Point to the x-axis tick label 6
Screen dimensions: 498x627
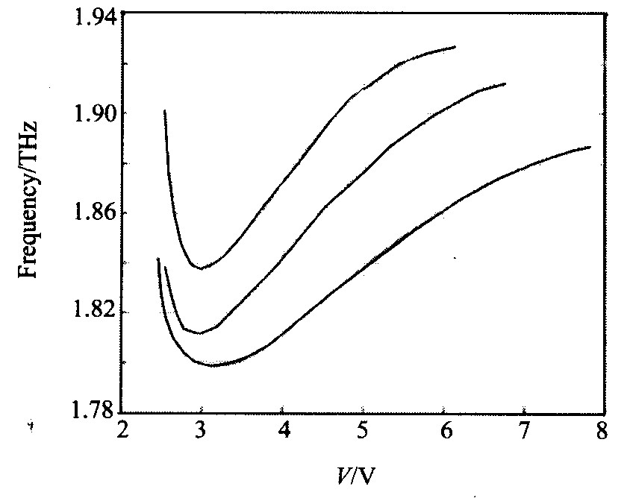coord(444,432)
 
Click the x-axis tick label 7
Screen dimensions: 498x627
coord(525,432)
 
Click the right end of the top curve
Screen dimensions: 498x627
coord(455,47)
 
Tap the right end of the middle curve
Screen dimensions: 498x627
coord(505,83)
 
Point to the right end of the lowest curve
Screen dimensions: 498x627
coord(590,147)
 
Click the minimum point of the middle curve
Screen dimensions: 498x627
coord(199,333)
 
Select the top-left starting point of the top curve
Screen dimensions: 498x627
coord(164,110)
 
